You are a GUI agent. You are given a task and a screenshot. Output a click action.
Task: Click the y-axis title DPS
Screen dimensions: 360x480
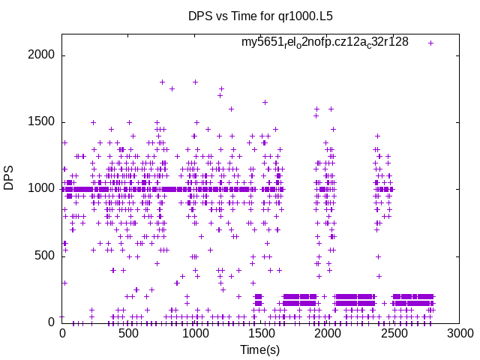point(9,177)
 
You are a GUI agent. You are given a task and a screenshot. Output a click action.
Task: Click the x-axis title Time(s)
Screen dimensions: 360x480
point(259,349)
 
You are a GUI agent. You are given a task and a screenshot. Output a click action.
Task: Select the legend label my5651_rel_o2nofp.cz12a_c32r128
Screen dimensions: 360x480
point(325,42)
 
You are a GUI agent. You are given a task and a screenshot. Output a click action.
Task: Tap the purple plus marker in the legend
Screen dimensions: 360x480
point(430,43)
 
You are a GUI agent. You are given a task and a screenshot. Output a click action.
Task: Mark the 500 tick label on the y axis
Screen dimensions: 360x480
point(44,256)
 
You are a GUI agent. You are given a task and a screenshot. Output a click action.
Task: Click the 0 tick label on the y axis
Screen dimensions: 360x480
point(51,322)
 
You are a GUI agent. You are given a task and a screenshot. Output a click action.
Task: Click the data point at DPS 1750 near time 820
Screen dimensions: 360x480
point(172,88)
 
